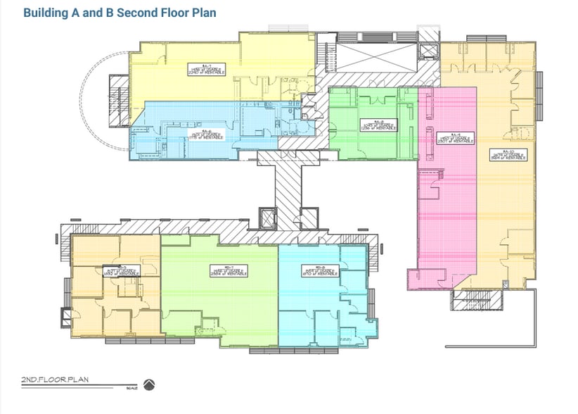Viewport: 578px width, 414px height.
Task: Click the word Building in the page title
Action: tap(46, 13)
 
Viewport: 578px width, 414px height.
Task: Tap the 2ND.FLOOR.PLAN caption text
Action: tap(55, 381)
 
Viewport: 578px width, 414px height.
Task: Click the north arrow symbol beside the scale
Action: tap(148, 384)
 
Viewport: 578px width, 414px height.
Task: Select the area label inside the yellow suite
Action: tap(207, 69)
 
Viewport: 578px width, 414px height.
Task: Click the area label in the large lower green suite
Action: tap(226, 270)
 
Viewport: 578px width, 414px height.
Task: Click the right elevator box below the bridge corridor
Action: tap(309, 219)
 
